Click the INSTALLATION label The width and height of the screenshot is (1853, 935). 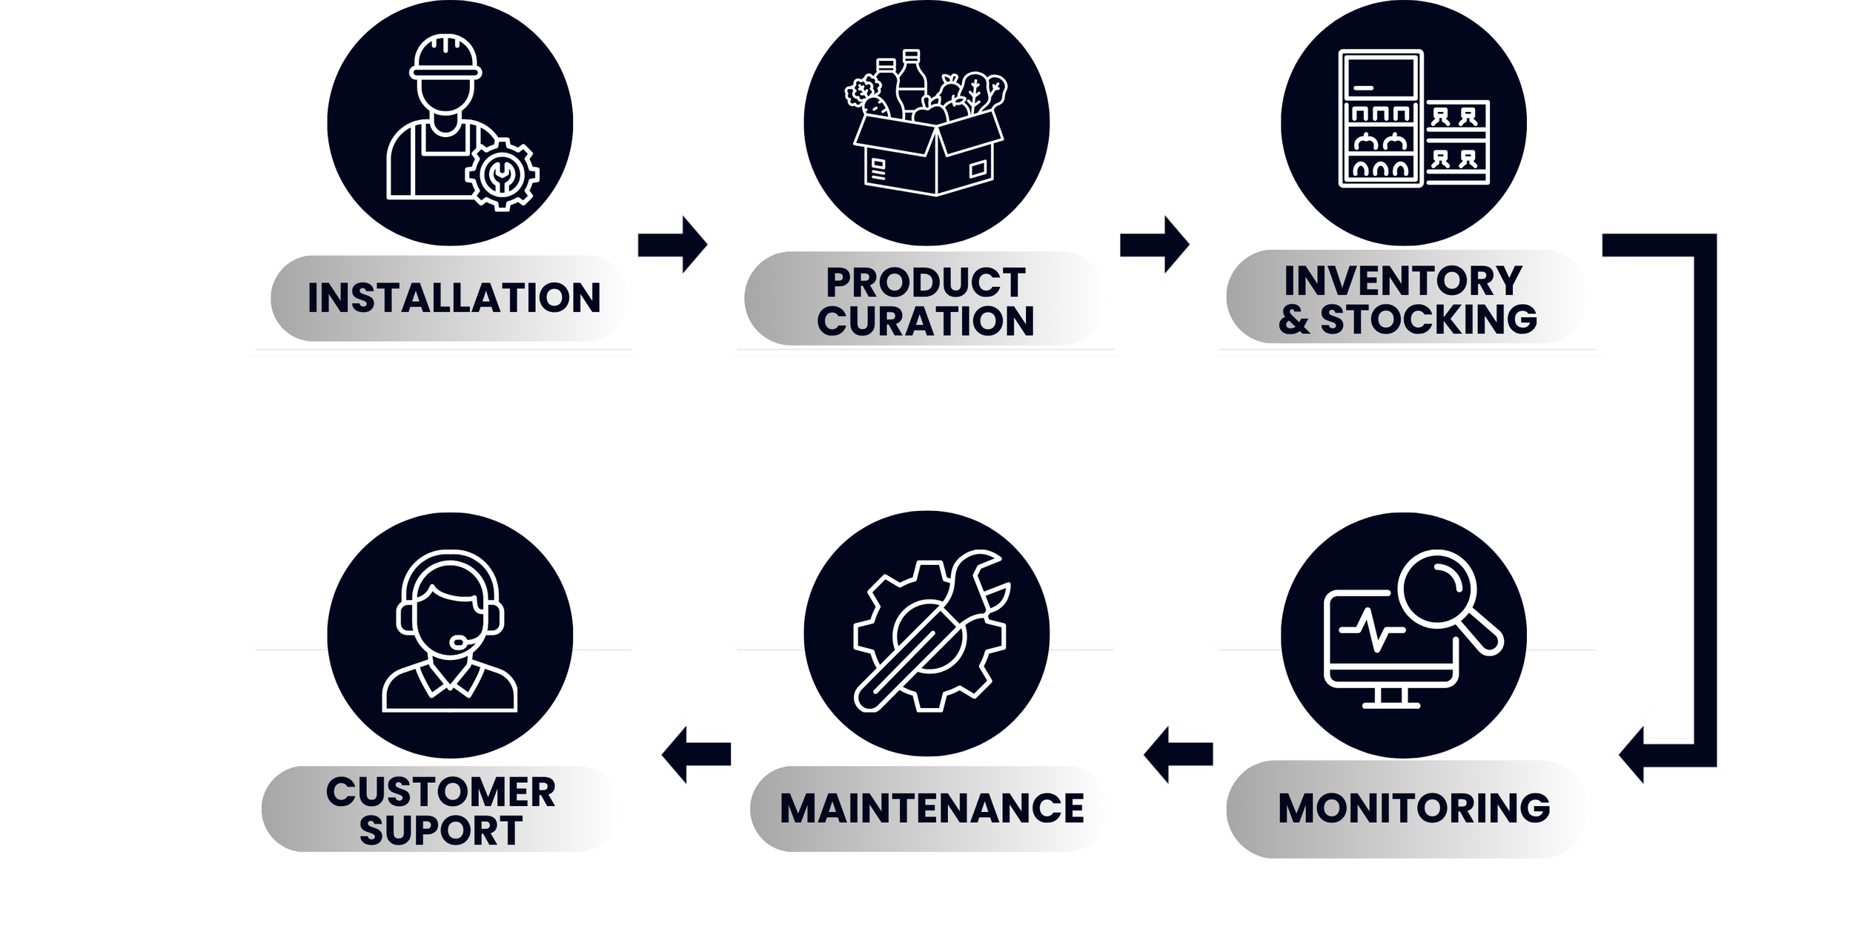[453, 298]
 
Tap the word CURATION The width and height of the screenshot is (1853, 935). [925, 321]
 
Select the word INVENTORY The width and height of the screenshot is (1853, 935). [1402, 281]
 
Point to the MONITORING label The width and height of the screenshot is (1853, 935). [1413, 808]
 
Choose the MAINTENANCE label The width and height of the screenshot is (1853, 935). [932, 808]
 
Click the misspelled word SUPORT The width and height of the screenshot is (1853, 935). [441, 830]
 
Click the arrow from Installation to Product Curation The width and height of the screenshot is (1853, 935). [672, 244]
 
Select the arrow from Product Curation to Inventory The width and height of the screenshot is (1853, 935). [1154, 244]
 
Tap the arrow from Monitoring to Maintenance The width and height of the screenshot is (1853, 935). [1179, 754]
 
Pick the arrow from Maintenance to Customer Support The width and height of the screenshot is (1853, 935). [696, 754]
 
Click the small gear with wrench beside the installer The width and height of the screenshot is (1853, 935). [502, 174]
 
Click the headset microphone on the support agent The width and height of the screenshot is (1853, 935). [460, 641]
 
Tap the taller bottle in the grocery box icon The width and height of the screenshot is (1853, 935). [911, 82]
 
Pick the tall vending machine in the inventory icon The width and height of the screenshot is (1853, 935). [1381, 119]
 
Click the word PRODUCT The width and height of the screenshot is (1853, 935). [925, 283]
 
